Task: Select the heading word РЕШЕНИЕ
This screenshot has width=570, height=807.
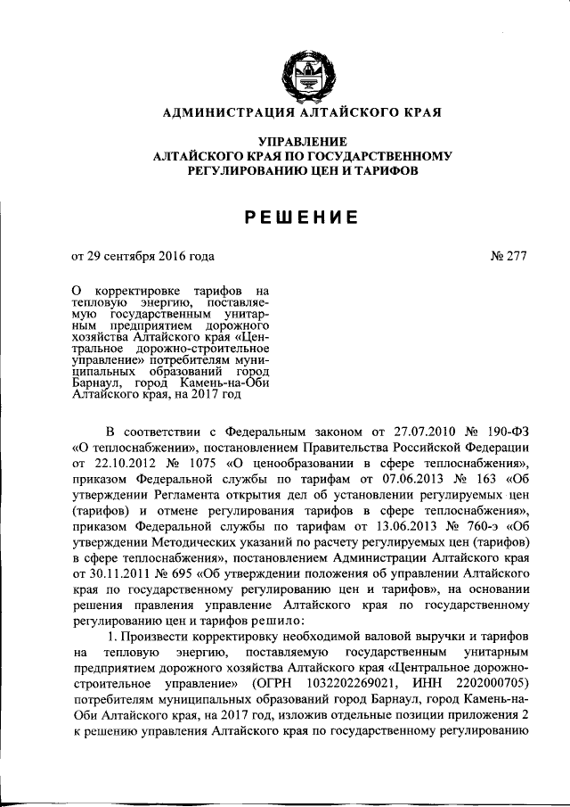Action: [x=303, y=217]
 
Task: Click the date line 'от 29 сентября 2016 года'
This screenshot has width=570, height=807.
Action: [x=142, y=256]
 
